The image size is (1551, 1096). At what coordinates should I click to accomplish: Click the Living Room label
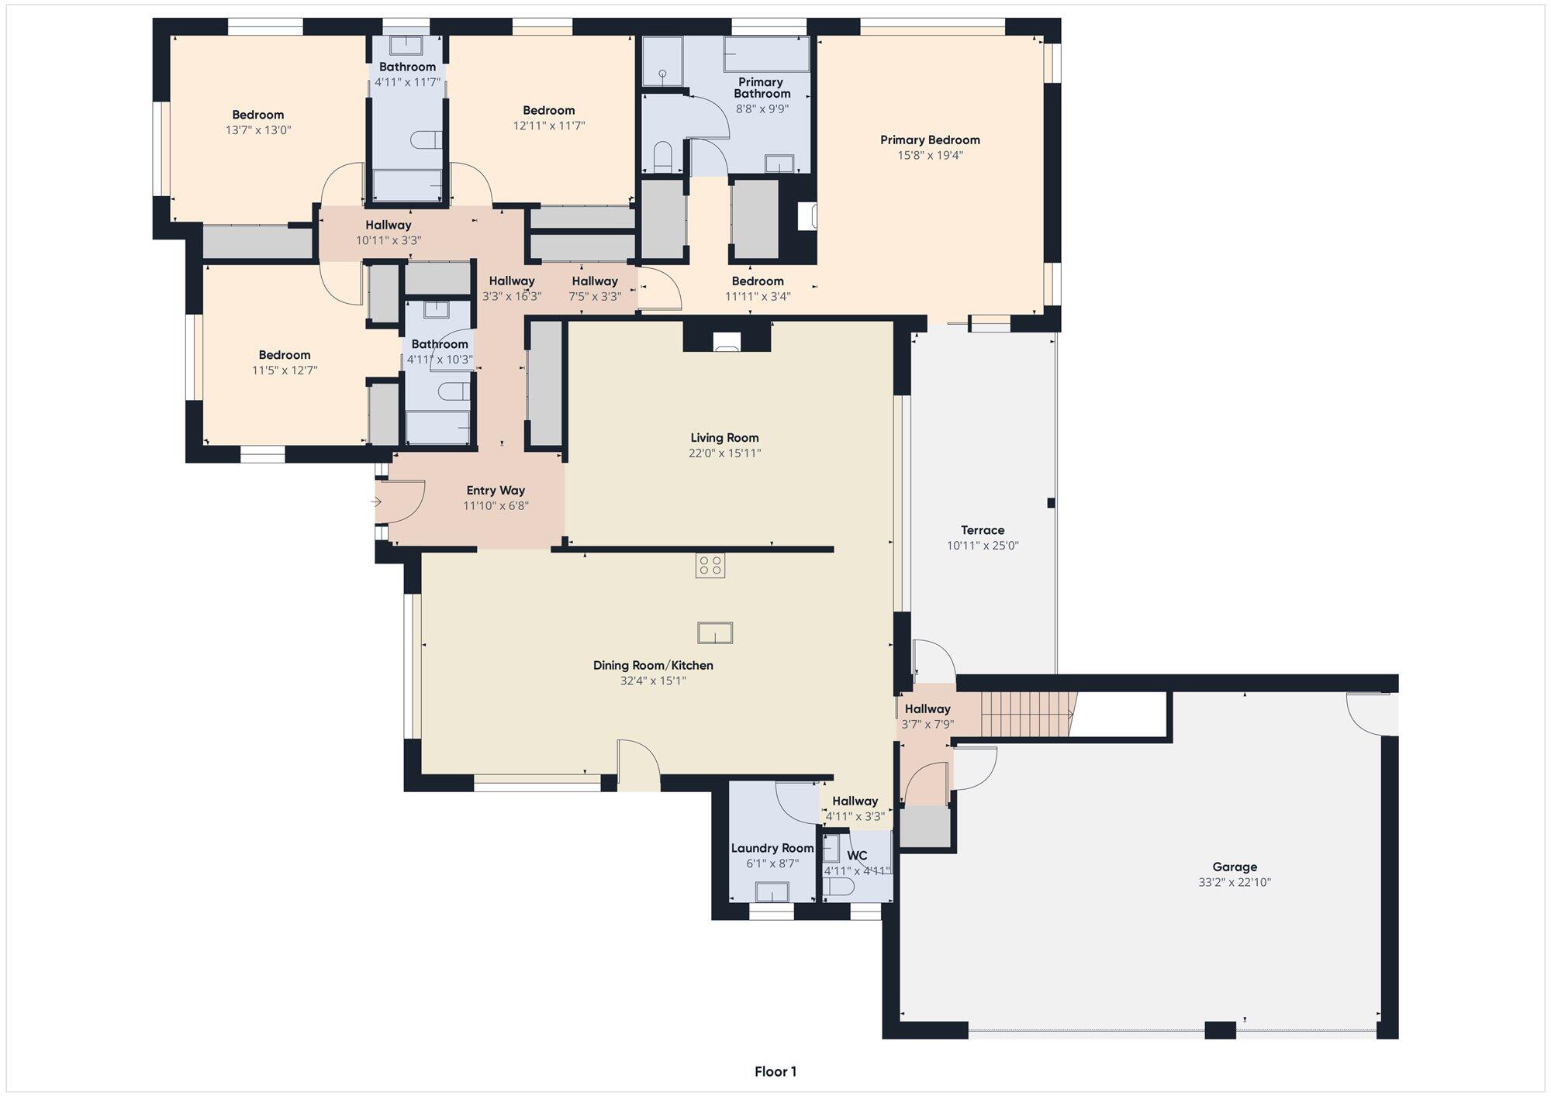pos(724,438)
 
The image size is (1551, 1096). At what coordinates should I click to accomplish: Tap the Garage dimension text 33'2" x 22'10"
pos(1235,882)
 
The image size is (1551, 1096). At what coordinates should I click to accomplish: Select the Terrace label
pos(983,530)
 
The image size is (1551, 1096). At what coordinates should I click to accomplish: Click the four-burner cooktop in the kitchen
pos(710,566)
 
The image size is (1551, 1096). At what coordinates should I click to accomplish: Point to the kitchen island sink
pos(715,633)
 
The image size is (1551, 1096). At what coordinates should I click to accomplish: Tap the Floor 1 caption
pos(775,1072)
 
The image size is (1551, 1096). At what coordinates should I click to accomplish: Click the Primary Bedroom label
pos(930,140)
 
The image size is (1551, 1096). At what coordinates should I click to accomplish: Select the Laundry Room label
pos(772,848)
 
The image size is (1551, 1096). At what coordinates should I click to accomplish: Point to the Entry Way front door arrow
pos(377,502)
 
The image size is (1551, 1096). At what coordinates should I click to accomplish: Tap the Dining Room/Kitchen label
pos(653,666)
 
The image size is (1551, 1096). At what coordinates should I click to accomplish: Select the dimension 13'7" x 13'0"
pos(258,130)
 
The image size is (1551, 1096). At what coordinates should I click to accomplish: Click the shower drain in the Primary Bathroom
pos(663,74)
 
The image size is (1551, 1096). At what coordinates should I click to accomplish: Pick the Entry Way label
pos(496,491)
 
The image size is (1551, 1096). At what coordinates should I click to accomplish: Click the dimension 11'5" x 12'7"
pos(285,371)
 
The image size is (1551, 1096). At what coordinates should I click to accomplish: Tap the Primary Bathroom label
pos(762,88)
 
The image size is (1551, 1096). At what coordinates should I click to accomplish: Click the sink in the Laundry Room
pos(772,892)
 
